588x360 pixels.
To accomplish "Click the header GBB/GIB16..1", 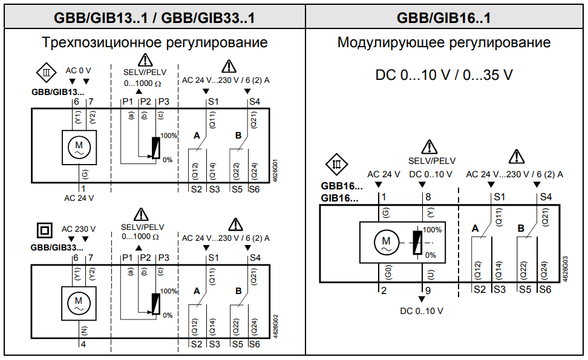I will (x=445, y=17).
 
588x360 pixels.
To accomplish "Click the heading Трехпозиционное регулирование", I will (x=154, y=43).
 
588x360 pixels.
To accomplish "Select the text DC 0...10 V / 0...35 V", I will (x=444, y=76).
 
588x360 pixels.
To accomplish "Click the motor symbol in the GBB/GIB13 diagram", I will (x=78, y=147).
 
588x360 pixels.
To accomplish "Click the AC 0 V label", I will (x=78, y=71).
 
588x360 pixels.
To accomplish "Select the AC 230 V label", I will (x=79, y=229).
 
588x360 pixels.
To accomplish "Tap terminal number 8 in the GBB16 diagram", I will (x=428, y=197).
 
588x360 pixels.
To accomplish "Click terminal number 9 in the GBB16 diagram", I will (x=428, y=290).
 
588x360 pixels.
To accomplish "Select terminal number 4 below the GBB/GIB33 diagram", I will (x=83, y=344).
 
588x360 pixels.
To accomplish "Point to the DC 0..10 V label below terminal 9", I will (x=422, y=310).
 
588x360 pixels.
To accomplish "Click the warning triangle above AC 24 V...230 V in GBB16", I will (x=516, y=158).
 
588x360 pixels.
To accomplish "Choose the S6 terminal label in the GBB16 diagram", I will (x=545, y=290).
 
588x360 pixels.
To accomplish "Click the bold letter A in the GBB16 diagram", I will (x=475, y=228).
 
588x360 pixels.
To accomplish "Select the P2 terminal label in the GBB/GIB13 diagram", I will (x=145, y=101).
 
